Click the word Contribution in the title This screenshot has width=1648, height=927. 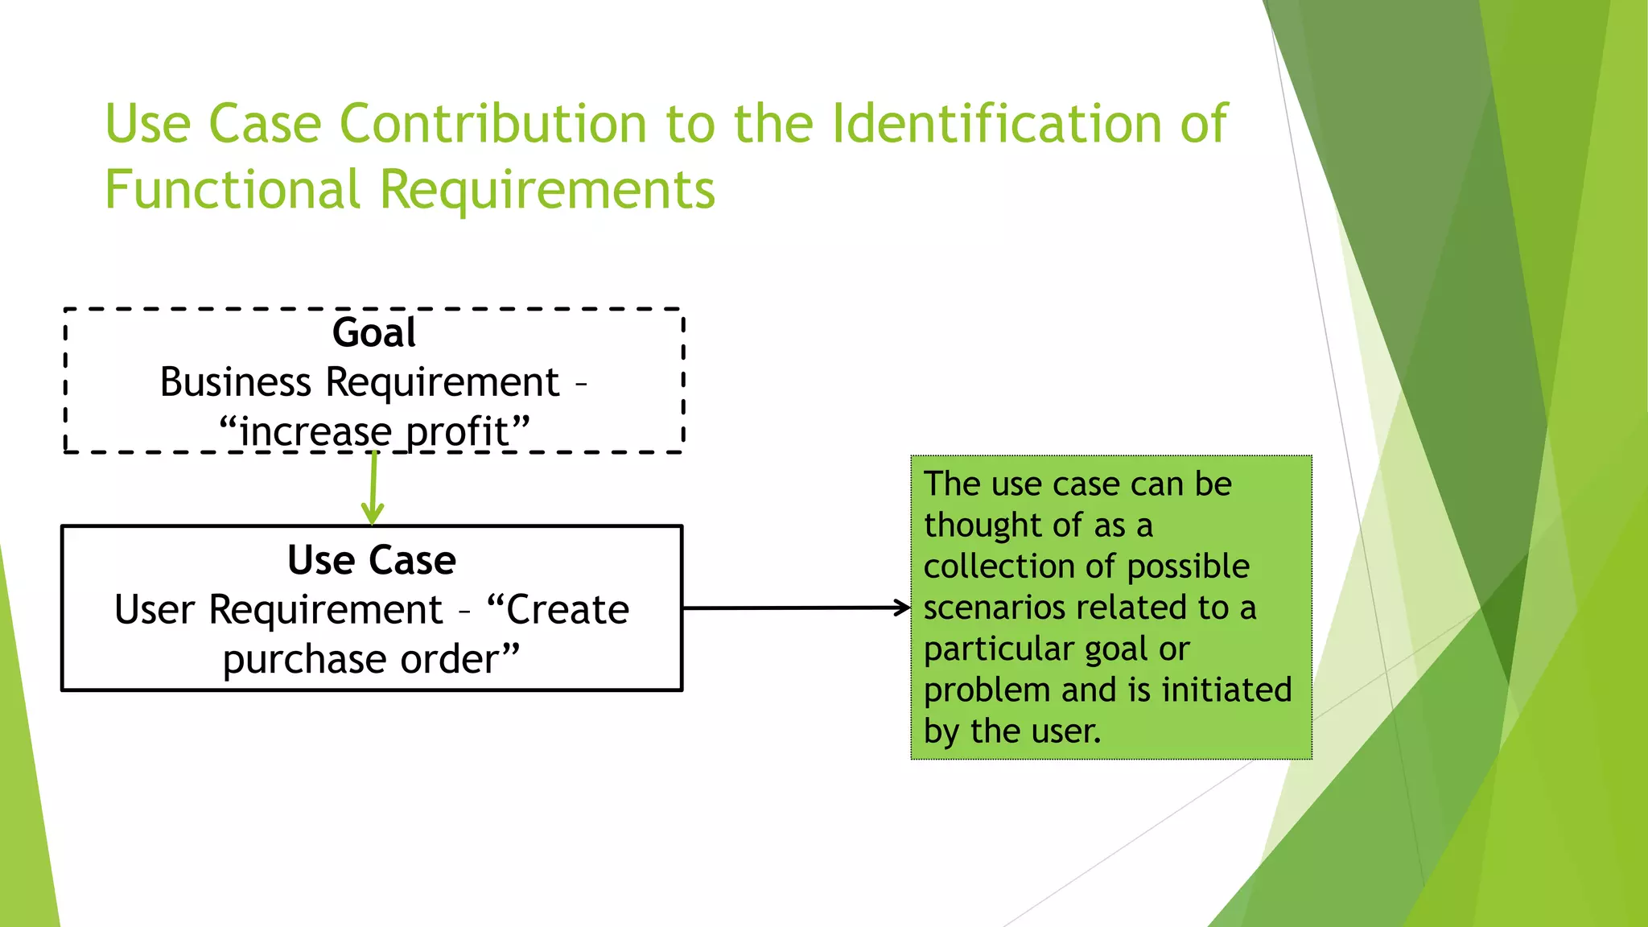coord(492,125)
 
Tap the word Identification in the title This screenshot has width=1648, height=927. coord(996,125)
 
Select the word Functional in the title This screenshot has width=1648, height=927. coord(233,191)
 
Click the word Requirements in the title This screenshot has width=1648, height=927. coord(547,191)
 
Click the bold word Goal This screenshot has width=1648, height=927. coord(374,332)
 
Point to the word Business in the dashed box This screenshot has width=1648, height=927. coord(235,381)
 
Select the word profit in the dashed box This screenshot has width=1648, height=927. coord(458,432)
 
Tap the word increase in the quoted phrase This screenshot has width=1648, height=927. coord(315,432)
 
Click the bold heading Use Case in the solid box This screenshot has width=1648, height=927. coord(372,560)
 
